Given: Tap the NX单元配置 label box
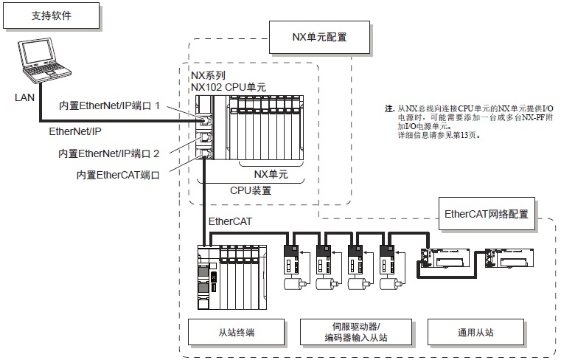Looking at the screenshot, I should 320,36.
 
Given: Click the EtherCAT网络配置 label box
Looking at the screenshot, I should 487,214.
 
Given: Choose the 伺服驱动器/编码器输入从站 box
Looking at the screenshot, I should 356,332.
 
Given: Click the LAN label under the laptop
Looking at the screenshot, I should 24,97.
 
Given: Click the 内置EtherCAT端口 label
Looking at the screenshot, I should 118,175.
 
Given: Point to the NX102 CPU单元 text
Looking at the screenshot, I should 229,87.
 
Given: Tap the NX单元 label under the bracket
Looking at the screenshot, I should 271,174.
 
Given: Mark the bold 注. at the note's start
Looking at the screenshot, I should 389,108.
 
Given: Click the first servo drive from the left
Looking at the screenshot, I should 292,260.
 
